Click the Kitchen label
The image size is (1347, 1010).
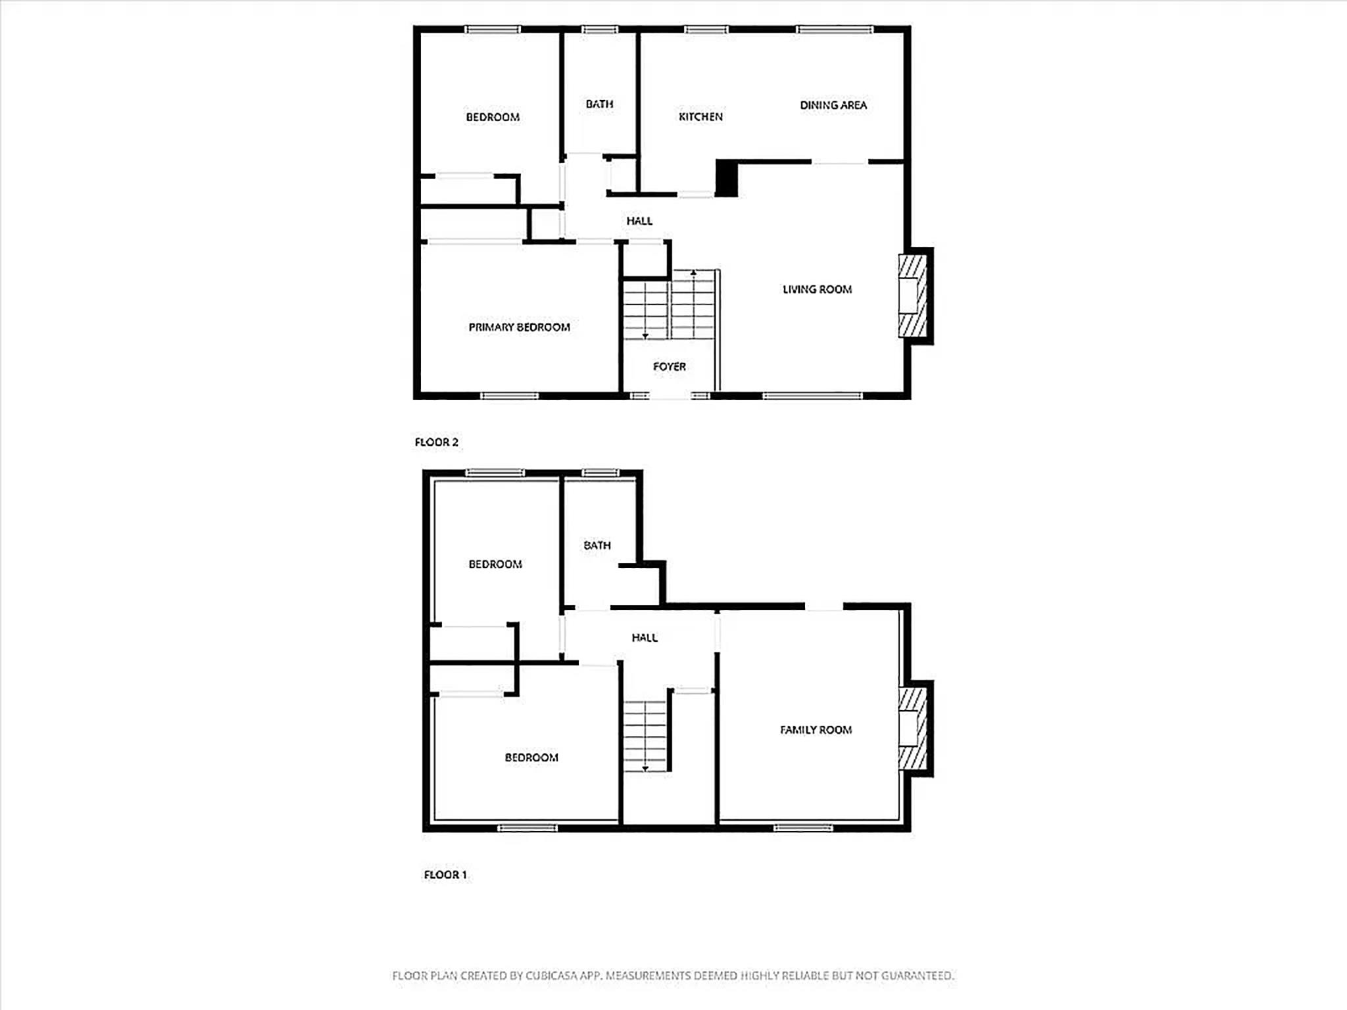coord(700,116)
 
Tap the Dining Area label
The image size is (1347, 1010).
coord(833,105)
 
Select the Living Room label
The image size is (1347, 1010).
coord(817,289)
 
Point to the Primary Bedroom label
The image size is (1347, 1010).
coord(519,327)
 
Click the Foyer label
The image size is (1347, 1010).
coord(670,367)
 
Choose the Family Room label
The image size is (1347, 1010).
coord(816,730)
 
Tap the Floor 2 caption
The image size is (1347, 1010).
coord(436,443)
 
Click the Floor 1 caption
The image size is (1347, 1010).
coord(445,875)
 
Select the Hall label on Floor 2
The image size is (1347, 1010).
coord(639,221)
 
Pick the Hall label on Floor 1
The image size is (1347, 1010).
coord(645,638)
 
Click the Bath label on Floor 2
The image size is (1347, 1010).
coord(599,104)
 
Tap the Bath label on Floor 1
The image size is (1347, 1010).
coord(597,545)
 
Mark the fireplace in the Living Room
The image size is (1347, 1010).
coord(915,296)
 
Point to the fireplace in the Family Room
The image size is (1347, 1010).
coord(915,729)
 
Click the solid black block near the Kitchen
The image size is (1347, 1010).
coord(727,178)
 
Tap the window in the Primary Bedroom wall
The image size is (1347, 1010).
coord(510,396)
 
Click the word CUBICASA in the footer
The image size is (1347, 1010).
coord(551,976)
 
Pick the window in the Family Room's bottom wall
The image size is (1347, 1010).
coord(803,828)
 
